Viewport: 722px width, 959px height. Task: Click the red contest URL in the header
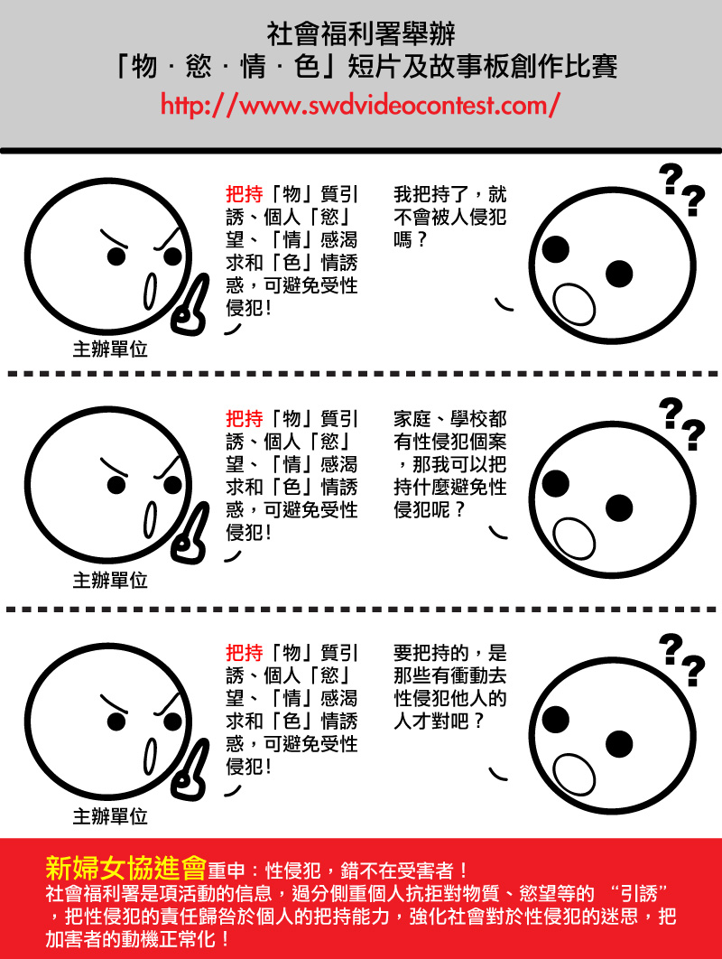point(360,105)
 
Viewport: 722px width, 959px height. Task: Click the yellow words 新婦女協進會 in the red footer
point(126,868)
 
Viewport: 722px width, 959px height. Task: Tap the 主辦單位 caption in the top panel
point(110,349)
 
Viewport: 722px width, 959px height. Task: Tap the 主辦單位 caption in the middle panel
point(110,580)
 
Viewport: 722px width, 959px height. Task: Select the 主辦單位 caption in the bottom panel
point(110,816)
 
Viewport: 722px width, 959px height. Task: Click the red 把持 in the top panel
point(245,194)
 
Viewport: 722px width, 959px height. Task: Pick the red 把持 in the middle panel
point(245,418)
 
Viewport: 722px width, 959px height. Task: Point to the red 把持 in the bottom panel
point(245,653)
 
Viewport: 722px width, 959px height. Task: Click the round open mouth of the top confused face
point(574,304)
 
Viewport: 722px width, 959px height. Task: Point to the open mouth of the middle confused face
point(574,539)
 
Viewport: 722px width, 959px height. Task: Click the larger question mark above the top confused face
point(671,179)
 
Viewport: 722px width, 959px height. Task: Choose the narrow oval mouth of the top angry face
point(150,292)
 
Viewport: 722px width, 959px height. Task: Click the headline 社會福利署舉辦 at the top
point(361,34)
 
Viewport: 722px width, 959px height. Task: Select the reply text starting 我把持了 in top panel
point(450,217)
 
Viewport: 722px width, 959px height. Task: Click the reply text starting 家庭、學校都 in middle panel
point(450,464)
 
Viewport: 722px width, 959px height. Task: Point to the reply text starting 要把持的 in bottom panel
point(450,687)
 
